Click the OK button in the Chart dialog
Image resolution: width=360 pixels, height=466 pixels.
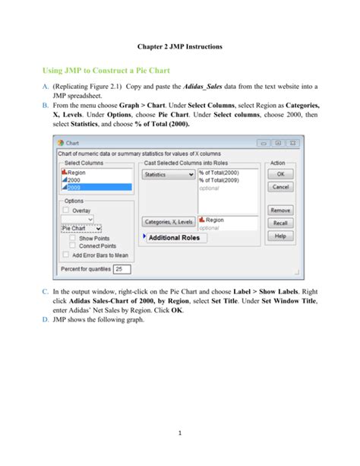point(280,173)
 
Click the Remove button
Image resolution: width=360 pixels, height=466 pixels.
point(280,210)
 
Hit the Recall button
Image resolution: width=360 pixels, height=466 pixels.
point(280,223)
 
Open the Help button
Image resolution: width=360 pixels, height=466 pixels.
point(280,236)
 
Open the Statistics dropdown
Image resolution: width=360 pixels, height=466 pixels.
point(169,174)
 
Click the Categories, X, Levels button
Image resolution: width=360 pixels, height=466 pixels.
point(168,222)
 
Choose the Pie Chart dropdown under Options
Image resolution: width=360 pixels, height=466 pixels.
point(81,227)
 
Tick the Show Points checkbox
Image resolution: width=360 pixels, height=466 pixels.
point(74,237)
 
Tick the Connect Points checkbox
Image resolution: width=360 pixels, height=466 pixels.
point(74,246)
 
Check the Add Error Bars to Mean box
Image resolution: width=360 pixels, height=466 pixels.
point(66,255)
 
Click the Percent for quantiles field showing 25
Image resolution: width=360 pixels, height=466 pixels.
point(122,269)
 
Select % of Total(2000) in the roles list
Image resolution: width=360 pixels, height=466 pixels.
point(218,173)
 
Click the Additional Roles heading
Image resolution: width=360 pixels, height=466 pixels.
point(174,238)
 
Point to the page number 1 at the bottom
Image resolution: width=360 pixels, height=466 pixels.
point(180,434)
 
